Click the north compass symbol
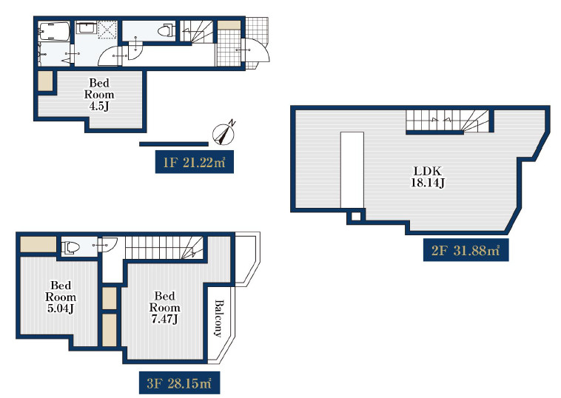point(224,134)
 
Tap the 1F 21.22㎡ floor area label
point(194,162)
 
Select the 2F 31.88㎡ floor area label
point(466,250)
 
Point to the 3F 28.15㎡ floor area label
point(179,383)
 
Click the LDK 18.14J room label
point(428,177)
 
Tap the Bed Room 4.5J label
point(99,95)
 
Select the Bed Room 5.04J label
point(61,297)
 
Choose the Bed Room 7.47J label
point(164,307)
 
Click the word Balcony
point(218,318)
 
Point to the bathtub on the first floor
point(54,32)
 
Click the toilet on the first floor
point(166,30)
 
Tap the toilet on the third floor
point(70,247)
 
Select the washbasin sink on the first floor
point(86,27)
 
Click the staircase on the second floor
point(447,121)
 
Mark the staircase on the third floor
point(164,247)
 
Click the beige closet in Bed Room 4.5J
point(46,81)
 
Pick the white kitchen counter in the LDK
point(352,170)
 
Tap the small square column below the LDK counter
point(356,216)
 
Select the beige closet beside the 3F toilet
point(38,244)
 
